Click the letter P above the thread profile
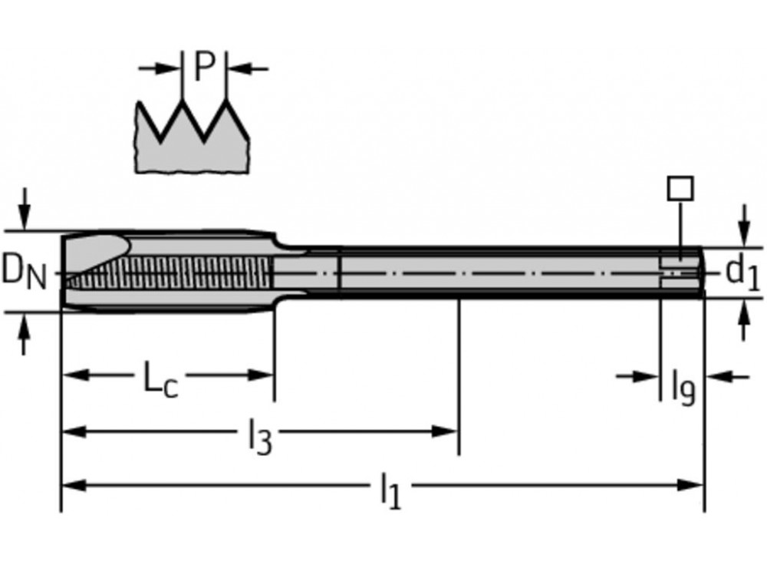203,68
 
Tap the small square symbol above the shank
680,188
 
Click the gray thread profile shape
192,150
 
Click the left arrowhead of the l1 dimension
71,485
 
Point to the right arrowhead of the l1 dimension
694,485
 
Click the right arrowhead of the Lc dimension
265,375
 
